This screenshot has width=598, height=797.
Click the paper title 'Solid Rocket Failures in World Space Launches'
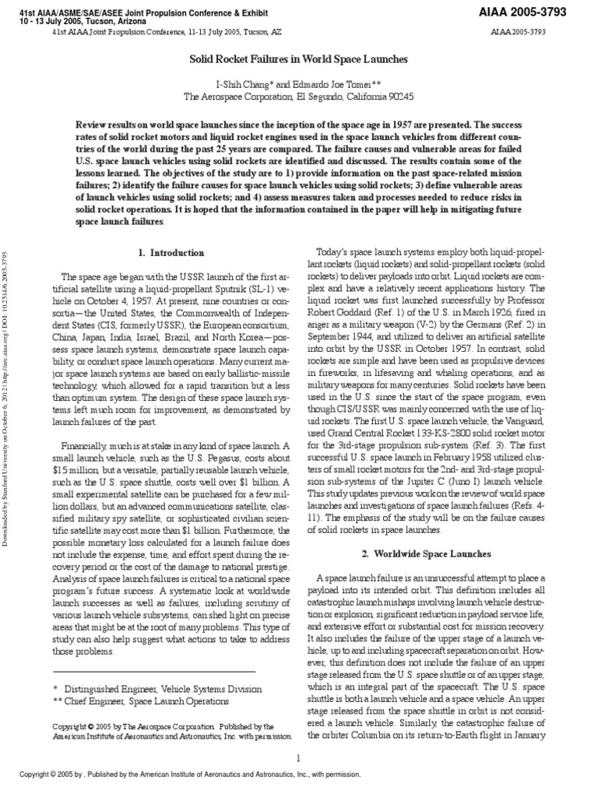point(300,58)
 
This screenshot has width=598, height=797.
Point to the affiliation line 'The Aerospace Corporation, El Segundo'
point(299,97)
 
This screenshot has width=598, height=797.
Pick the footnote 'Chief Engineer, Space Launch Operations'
point(153,701)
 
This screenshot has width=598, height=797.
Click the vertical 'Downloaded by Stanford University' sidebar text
point(8,397)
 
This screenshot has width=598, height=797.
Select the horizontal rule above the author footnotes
point(154,671)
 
